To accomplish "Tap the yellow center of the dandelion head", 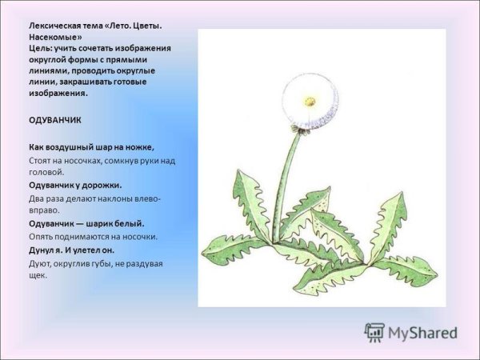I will tap(310, 101).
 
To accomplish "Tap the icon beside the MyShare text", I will tap(374, 332).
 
